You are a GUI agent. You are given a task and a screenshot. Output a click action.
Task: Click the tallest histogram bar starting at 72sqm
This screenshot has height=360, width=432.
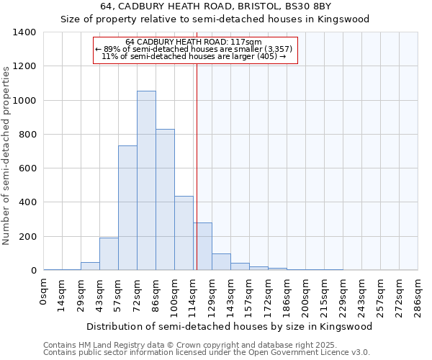146,180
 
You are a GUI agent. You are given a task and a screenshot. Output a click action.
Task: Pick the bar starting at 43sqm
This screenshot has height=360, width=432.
109,253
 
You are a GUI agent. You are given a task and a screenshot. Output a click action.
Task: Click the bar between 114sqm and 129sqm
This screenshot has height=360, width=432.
202,246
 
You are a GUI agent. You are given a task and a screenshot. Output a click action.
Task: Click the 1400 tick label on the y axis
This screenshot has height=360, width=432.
24,32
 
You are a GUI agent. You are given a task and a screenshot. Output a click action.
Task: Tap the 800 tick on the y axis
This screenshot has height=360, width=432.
27,135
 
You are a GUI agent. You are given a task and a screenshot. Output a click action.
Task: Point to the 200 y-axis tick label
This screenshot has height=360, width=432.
27,237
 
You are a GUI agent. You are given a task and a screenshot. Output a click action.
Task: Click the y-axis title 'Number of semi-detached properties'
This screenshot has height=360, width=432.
7,155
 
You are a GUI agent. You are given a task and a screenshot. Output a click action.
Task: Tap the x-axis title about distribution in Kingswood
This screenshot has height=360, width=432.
230,326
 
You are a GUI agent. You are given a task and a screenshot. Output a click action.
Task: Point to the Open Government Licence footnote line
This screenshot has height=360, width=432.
207,353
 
